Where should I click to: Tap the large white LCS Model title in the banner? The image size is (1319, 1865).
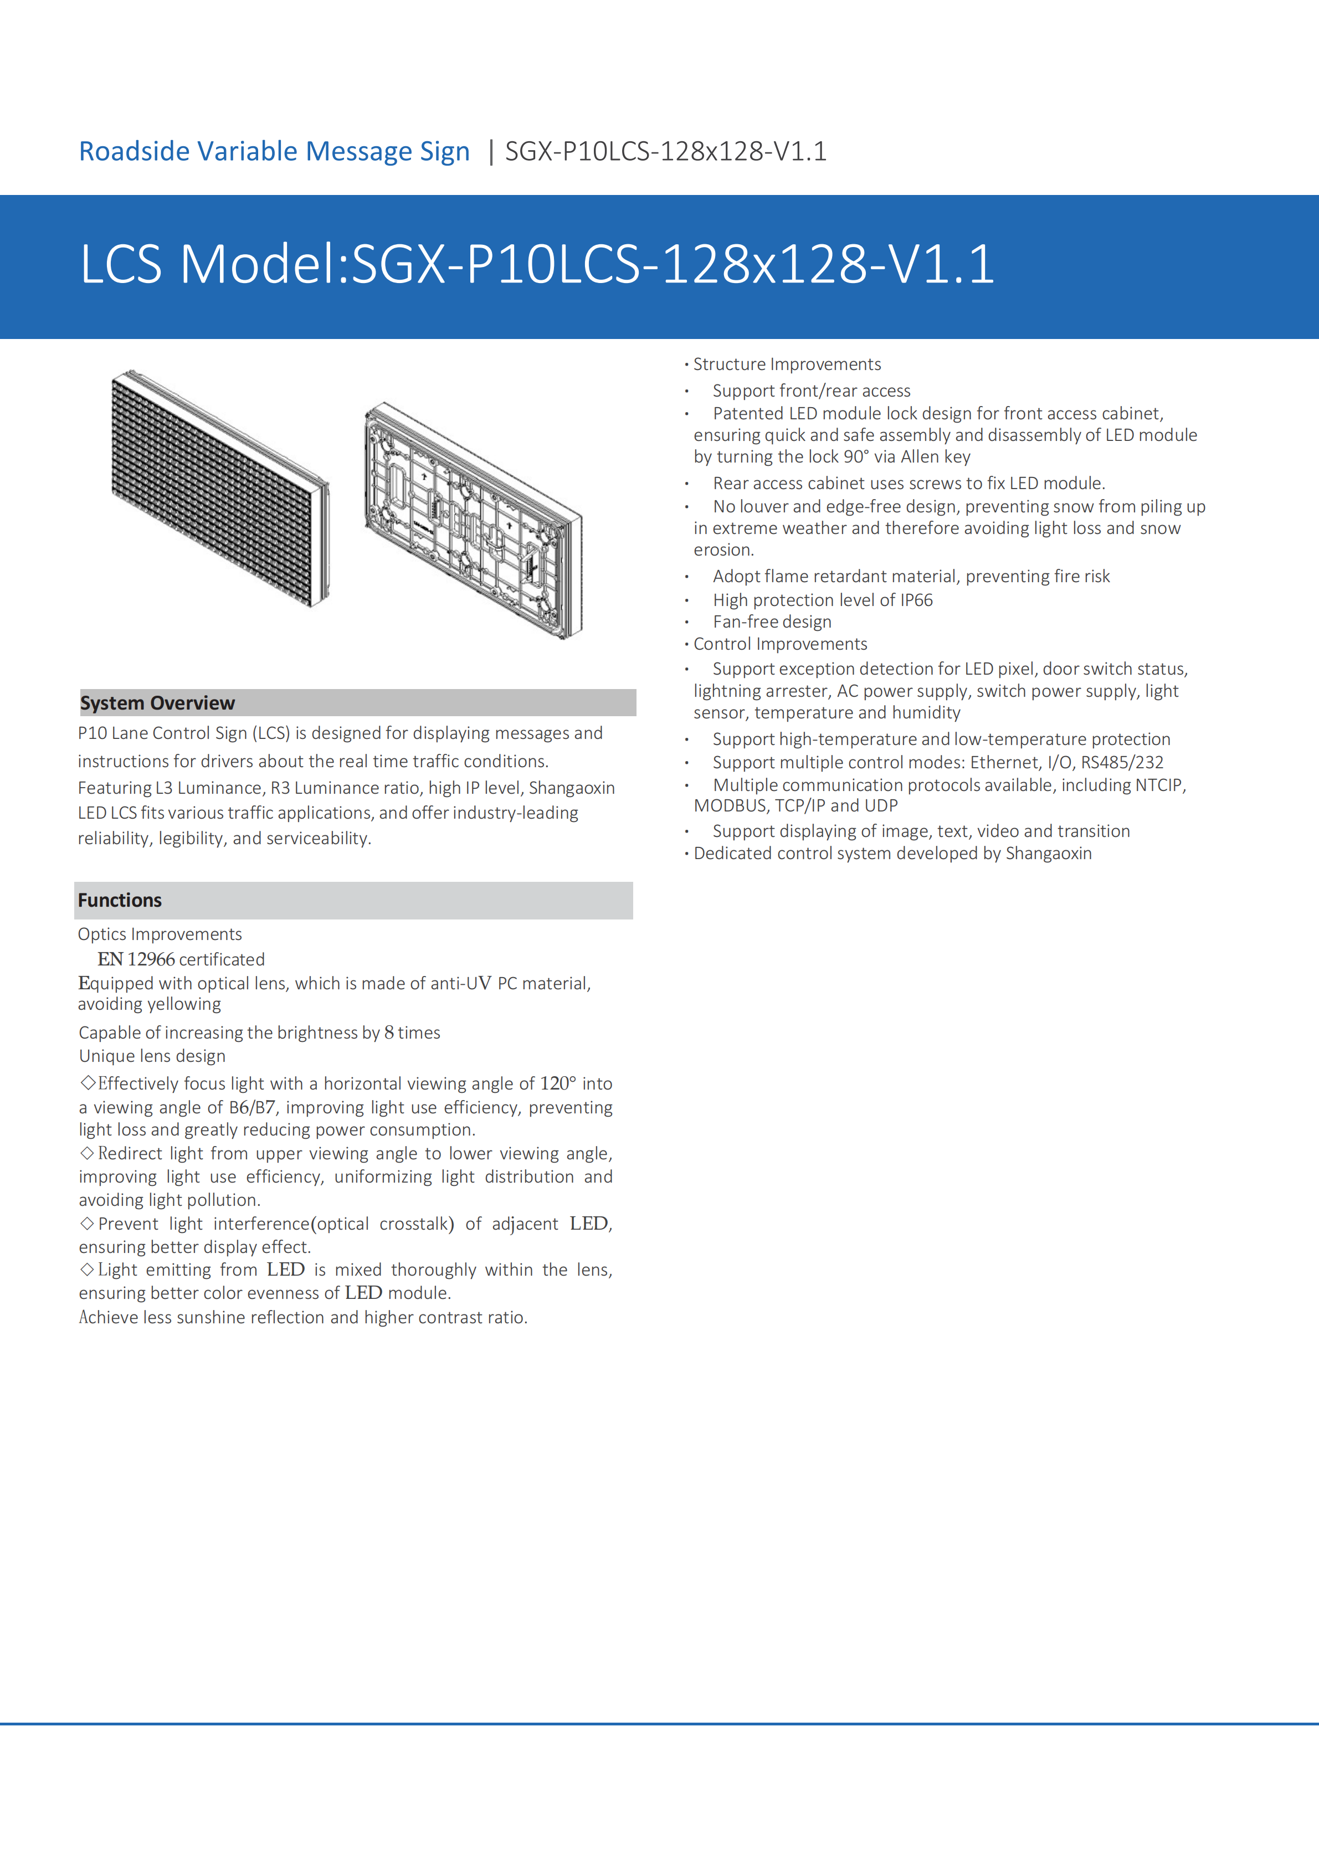pyautogui.click(x=537, y=265)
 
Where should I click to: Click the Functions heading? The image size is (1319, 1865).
pyautogui.click(x=120, y=901)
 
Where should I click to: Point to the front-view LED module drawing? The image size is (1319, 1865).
pyautogui.click(x=220, y=488)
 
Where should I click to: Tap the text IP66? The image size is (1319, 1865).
pyautogui.click(x=916, y=600)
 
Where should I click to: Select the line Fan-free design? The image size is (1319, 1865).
pyautogui.click(x=772, y=622)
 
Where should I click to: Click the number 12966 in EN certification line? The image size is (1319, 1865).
pyautogui.click(x=151, y=959)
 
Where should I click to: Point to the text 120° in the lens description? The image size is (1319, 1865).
pyautogui.click(x=557, y=1083)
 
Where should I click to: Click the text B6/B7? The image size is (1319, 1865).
pyautogui.click(x=252, y=1108)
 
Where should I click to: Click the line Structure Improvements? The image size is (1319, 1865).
pyautogui.click(x=786, y=364)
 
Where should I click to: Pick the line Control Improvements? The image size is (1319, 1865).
pyautogui.click(x=779, y=644)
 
